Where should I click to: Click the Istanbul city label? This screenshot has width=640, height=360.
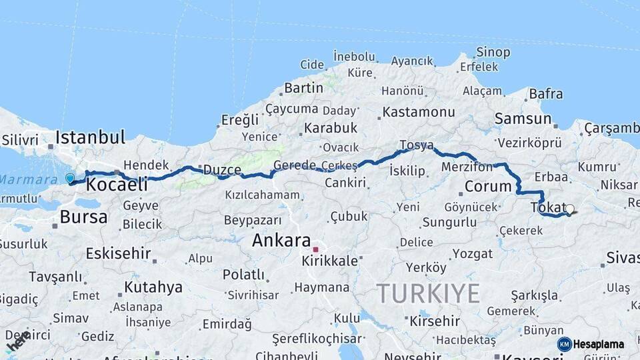coord(90,138)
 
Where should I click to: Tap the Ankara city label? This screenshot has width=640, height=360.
coord(281,241)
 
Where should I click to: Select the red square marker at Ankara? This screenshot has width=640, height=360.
coord(315,249)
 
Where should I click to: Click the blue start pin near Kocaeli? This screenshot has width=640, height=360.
coord(70,178)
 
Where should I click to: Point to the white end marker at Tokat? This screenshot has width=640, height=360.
coord(569,209)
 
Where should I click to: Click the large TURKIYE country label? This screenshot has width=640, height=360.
coord(428,293)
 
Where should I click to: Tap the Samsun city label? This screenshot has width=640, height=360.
coord(523,119)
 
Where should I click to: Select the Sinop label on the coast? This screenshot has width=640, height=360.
coord(493,52)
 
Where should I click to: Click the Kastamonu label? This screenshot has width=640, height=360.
coord(419,112)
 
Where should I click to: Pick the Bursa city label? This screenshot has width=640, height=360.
coord(83,217)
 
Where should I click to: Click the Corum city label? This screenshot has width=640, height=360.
coord(487,186)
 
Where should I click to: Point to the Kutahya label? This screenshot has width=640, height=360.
coord(153,287)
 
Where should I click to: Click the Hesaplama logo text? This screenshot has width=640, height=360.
coord(599,344)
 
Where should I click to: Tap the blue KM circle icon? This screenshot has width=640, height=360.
coord(564,344)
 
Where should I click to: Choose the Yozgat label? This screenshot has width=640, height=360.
coord(473,253)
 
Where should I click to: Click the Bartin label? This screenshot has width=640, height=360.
coord(303,88)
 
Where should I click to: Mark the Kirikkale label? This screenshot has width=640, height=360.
coord(329,260)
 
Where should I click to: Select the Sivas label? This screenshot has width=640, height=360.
coord(623,258)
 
